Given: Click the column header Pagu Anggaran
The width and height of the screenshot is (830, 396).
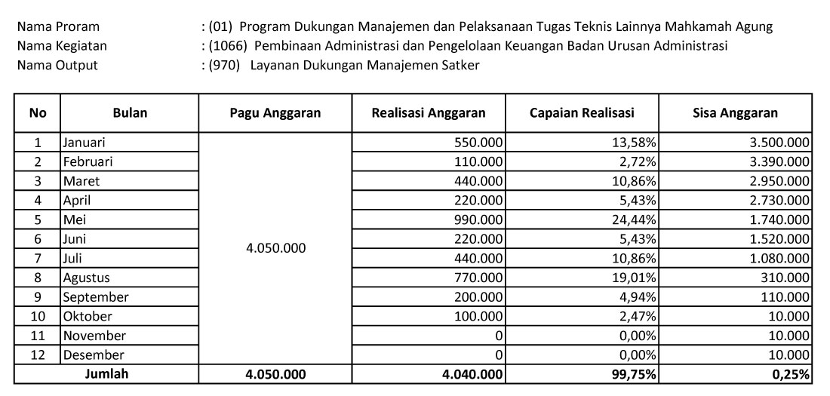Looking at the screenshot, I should pos(275,113).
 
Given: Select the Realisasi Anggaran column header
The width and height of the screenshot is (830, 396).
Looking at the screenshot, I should pos(429,113).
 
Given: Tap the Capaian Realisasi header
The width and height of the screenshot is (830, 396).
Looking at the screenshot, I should pos(582,113).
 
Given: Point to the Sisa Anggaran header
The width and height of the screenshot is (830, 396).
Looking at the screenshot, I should pos(735,113).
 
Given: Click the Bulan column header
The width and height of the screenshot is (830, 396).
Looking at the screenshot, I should pos(130,113).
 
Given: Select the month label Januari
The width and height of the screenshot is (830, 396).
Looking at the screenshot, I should pos(85,142).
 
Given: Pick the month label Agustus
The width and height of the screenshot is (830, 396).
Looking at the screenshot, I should pos(87,278).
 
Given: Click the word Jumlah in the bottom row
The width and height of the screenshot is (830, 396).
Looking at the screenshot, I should pos(106,373).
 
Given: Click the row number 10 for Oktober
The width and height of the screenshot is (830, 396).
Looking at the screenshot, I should pos(38,316).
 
